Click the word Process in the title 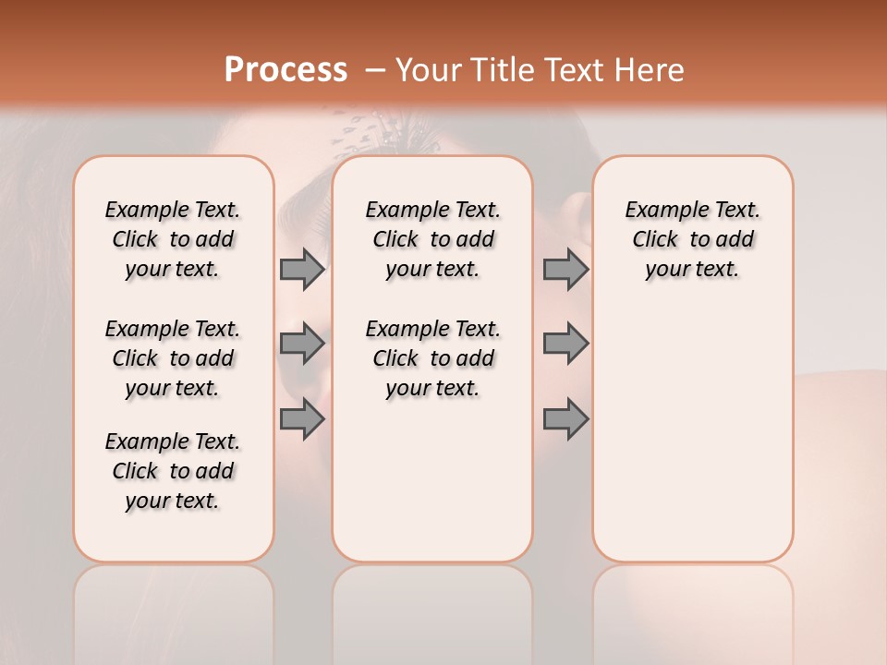click(x=286, y=70)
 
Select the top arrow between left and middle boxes click(x=302, y=269)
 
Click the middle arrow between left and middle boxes click(x=302, y=344)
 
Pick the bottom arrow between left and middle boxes click(x=302, y=418)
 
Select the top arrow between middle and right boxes click(x=565, y=269)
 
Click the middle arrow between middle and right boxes click(x=565, y=344)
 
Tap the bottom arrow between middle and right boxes click(x=565, y=418)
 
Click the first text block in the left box click(x=173, y=239)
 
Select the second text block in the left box click(x=173, y=358)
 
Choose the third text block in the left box click(x=173, y=471)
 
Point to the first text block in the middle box click(x=432, y=239)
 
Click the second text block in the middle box click(x=432, y=358)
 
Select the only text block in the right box click(x=692, y=239)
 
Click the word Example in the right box click(x=661, y=211)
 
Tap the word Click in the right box click(x=655, y=240)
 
